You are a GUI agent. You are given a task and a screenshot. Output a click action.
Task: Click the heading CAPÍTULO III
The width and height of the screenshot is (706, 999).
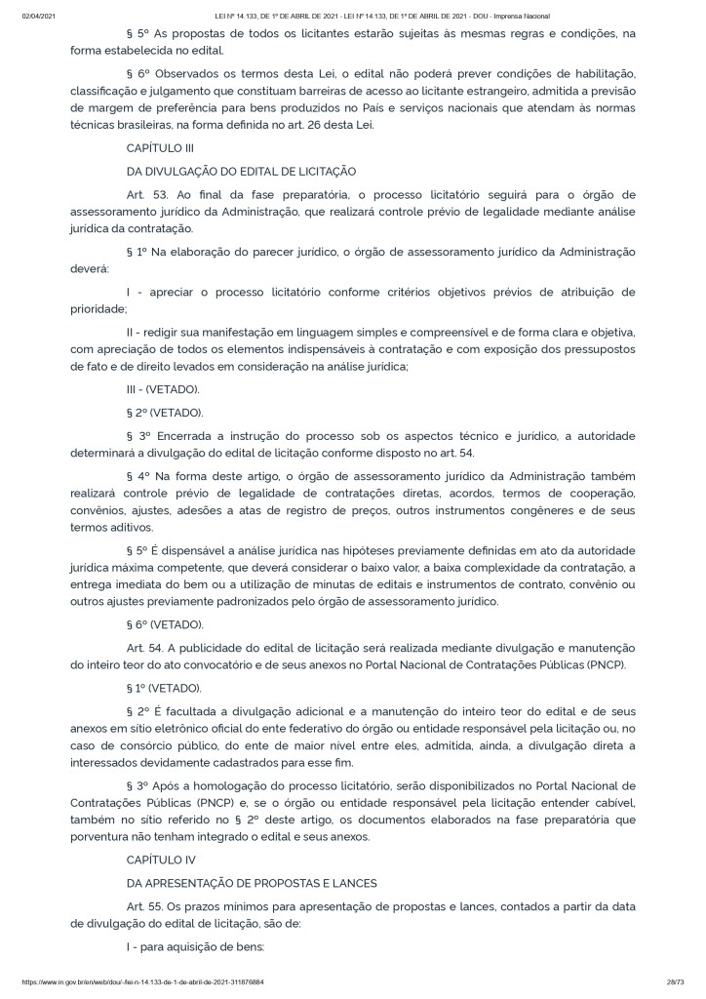[x=161, y=147]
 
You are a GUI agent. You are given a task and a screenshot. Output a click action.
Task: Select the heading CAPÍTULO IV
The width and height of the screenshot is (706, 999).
[x=161, y=859]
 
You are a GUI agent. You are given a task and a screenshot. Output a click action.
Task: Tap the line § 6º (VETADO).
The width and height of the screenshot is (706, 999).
[x=165, y=625]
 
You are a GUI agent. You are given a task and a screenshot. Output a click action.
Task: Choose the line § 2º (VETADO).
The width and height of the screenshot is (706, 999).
[x=165, y=413]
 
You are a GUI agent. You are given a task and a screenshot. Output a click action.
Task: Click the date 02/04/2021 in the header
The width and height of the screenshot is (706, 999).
[x=36, y=17]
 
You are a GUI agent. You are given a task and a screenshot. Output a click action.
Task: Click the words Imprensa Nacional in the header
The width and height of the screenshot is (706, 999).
[x=522, y=17]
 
